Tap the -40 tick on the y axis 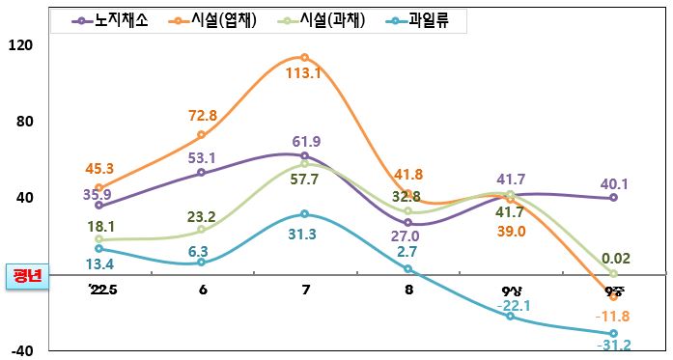click(20, 350)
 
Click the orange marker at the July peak click(304, 58)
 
